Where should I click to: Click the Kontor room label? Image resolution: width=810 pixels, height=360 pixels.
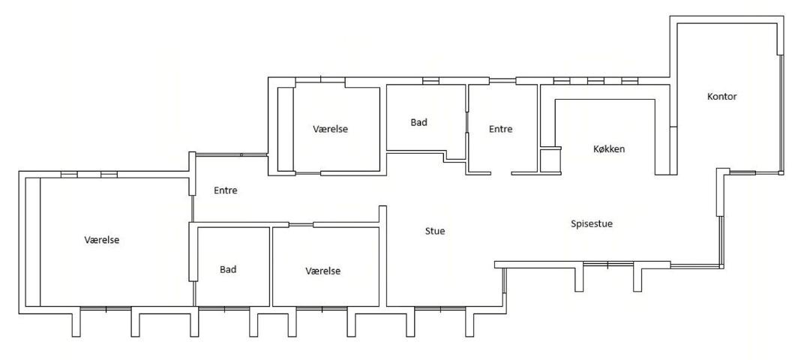pos(721,97)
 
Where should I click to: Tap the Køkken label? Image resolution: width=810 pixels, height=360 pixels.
pos(609,149)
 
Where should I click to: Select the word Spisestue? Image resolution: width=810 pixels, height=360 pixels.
pos(592,224)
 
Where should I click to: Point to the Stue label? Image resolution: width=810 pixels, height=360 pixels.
pos(435,231)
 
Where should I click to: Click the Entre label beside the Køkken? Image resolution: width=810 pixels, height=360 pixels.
pos(500,129)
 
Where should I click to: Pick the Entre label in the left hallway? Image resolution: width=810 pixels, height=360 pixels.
pos(226,190)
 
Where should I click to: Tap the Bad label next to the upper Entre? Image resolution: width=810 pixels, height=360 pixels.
pos(419,122)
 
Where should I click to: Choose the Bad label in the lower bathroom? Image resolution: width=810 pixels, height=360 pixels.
pos(228,269)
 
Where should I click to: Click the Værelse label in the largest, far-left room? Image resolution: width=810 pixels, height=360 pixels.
pos(102,240)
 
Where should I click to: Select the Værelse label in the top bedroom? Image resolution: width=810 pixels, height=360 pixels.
pos(330,129)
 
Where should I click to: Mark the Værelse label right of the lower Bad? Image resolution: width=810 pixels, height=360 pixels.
pos(322,271)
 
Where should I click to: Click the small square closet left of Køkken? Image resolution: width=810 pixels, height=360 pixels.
pos(550,160)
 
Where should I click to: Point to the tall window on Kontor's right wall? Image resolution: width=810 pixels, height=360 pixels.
pos(781,114)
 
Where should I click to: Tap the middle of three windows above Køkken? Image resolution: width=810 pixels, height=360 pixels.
pos(595,80)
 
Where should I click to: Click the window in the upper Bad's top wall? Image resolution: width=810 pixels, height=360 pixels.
pos(430,80)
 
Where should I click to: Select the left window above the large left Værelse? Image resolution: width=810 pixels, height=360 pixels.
pos(69,175)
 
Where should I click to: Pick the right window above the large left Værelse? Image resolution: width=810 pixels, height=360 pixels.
pos(109,175)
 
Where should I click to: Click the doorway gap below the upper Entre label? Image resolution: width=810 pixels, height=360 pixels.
pos(501,173)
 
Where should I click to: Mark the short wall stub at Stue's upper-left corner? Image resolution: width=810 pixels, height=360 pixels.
pos(382,214)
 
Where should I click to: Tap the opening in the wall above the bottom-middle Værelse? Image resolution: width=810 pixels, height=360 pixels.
pos(301,225)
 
